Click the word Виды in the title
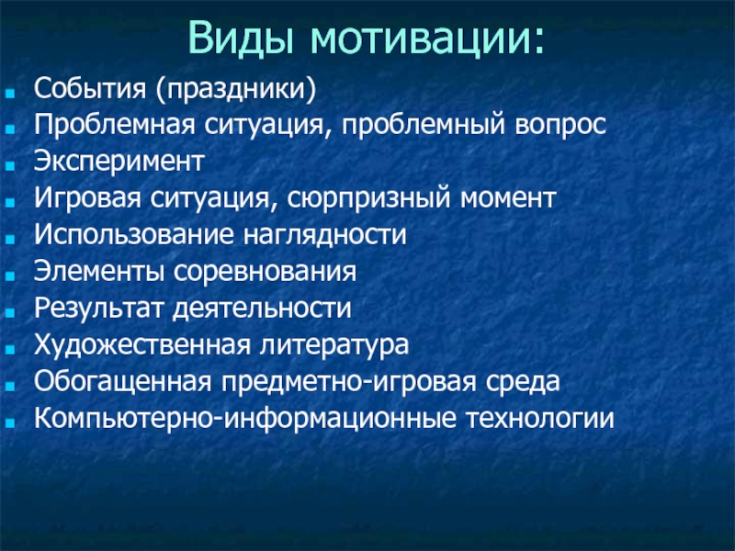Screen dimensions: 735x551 click(241, 39)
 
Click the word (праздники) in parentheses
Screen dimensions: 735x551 click(236, 89)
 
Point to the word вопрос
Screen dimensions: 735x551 click(560, 126)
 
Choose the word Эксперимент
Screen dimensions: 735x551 click(119, 163)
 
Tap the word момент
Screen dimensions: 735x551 click(508, 198)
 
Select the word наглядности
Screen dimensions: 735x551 click(325, 235)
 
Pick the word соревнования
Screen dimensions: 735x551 click(265, 272)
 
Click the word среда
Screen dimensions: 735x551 click(523, 382)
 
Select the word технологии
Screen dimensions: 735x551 click(540, 419)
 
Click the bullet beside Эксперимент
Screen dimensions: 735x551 click(10, 165)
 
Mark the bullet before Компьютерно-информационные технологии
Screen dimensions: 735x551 click(10, 422)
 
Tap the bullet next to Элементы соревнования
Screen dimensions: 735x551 click(10, 275)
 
